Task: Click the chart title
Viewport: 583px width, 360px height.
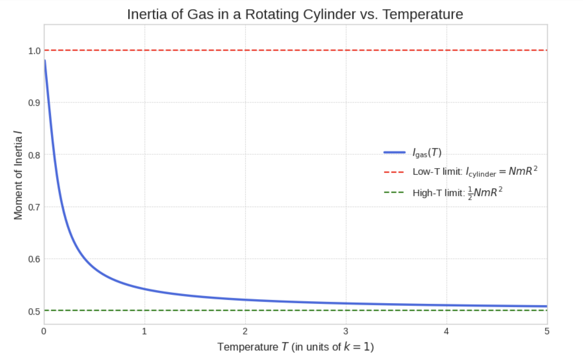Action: pos(295,14)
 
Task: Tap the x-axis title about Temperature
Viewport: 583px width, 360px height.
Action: pos(295,347)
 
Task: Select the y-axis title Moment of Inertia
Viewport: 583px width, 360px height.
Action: pos(18,175)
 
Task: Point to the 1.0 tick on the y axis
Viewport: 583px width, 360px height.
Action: pos(34,51)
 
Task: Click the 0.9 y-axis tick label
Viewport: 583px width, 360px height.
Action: pos(34,103)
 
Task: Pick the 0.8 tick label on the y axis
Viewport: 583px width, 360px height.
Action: pos(34,155)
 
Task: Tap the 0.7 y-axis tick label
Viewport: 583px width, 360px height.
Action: pos(34,207)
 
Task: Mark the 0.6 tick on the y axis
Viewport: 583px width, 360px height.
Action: pos(34,259)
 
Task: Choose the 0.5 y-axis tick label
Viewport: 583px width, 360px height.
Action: pos(34,311)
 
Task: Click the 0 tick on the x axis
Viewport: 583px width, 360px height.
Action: pos(44,331)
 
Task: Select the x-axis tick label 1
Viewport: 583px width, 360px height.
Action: pos(144,331)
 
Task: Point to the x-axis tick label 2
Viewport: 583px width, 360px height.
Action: pos(245,331)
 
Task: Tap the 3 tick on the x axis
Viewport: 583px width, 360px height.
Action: pos(346,331)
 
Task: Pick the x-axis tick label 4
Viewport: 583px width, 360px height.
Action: pos(446,331)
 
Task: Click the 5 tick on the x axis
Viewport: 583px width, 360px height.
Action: pos(547,331)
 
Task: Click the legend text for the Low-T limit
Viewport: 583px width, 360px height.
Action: pos(475,172)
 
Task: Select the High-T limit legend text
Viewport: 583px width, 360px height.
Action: pos(457,193)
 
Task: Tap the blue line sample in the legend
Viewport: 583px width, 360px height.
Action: pos(394,153)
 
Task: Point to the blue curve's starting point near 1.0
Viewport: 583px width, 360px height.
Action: pos(45,61)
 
